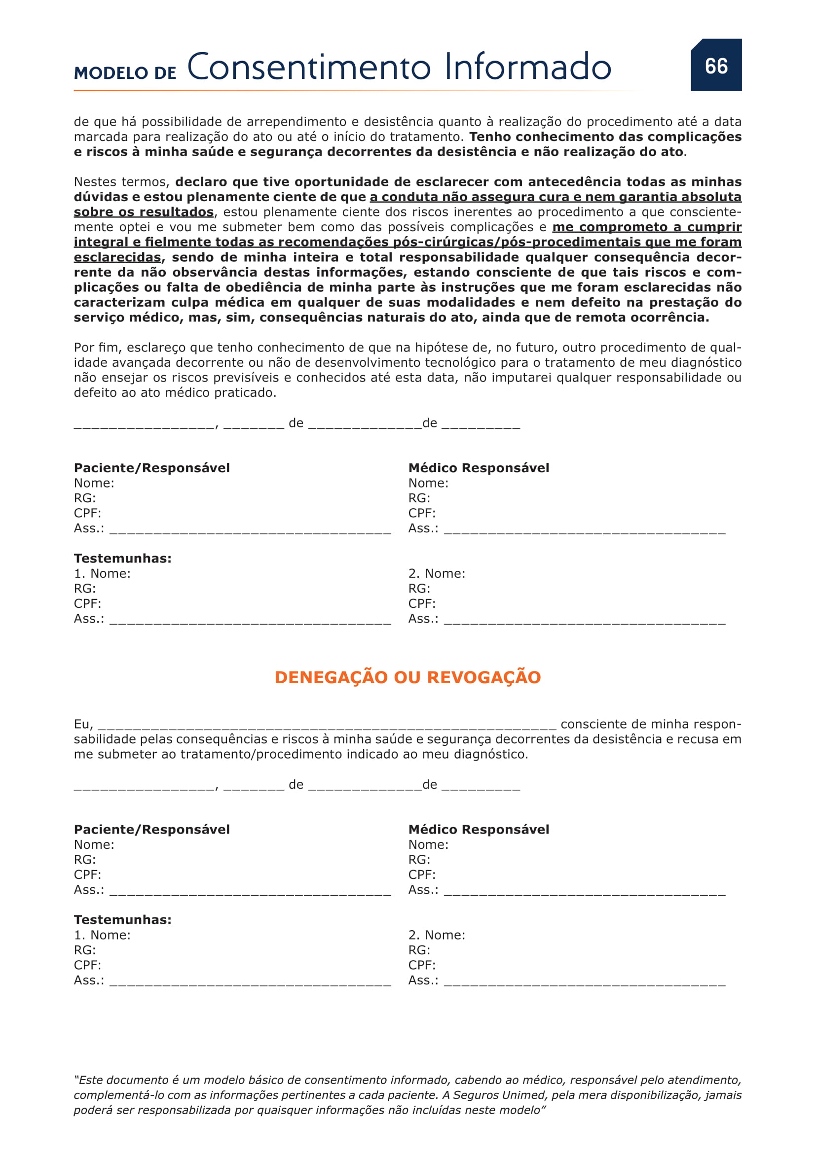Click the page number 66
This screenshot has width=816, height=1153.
point(716,66)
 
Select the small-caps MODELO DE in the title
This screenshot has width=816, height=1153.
point(125,73)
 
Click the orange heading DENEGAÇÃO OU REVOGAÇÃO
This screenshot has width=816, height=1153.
point(408,677)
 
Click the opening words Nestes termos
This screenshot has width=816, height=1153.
point(120,182)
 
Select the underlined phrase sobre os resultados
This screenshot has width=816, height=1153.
point(144,212)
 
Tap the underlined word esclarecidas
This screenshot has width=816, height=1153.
point(117,257)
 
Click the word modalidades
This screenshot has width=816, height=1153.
point(471,302)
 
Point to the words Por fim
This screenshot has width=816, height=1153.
point(96,348)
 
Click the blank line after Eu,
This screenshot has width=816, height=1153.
point(327,725)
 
